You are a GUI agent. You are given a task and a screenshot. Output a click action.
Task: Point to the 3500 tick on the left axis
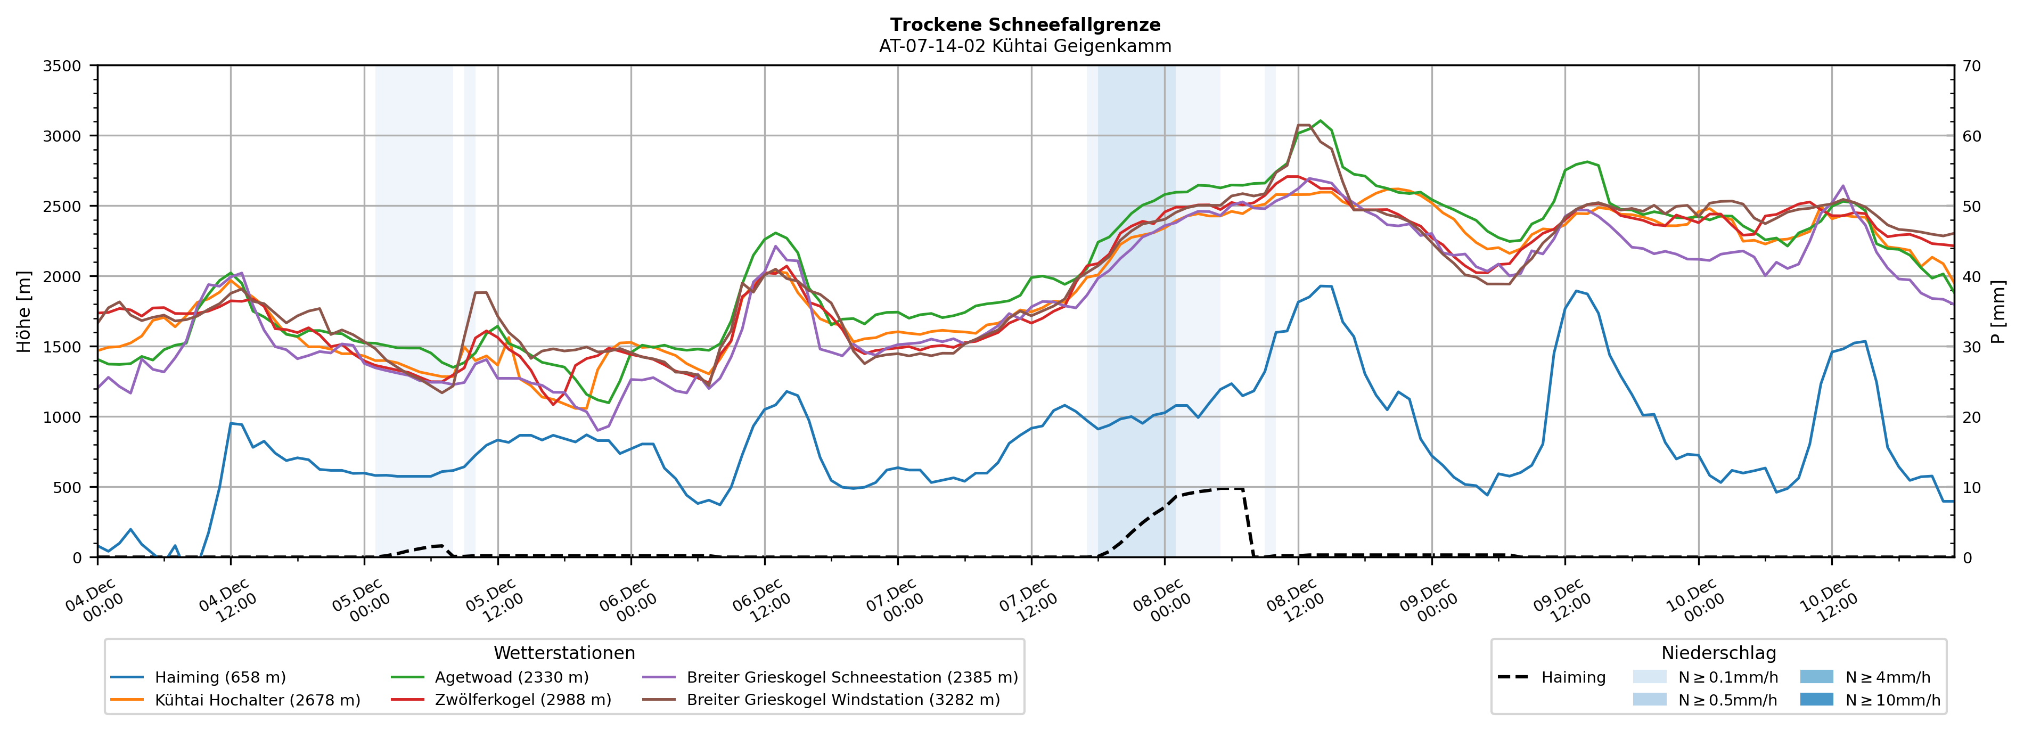pyautogui.click(x=62, y=66)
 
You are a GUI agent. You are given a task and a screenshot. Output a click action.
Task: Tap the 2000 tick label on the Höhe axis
pyautogui.click(x=62, y=276)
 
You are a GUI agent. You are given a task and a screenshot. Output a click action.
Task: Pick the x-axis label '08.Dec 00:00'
pyautogui.click(x=1158, y=601)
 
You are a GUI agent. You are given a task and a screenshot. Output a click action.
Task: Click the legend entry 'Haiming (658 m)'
pyautogui.click(x=220, y=677)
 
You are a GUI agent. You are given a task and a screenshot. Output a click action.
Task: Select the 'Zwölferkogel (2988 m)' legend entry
pyautogui.click(x=522, y=700)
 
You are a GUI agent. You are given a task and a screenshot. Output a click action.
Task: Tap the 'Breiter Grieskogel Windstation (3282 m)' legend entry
pyautogui.click(x=842, y=700)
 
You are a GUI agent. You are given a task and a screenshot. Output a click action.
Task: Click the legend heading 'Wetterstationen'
pyautogui.click(x=564, y=653)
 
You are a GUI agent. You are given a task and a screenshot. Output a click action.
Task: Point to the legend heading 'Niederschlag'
pyautogui.click(x=1718, y=653)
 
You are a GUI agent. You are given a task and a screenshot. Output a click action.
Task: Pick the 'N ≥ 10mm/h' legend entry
pyautogui.click(x=1892, y=700)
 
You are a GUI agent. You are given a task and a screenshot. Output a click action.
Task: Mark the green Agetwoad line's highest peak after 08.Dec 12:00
pyautogui.click(x=1320, y=121)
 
